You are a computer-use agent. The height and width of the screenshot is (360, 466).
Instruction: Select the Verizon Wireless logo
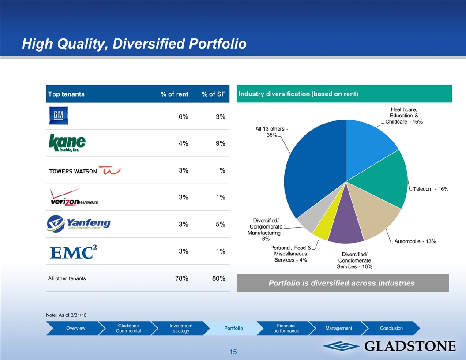pyautogui.click(x=74, y=197)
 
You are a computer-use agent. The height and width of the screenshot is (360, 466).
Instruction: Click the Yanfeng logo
pyautogui.click(x=79, y=223)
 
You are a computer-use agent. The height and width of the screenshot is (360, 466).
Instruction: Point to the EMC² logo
pyautogui.click(x=73, y=251)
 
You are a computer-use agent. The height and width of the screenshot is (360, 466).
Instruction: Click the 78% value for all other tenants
pyautogui.click(x=181, y=278)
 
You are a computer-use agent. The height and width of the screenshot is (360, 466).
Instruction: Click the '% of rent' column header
pyautogui.click(x=174, y=94)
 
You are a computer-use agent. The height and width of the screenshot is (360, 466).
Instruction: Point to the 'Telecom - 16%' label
pyautogui.click(x=431, y=189)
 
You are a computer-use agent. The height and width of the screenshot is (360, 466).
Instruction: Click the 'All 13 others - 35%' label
pyautogui.click(x=272, y=131)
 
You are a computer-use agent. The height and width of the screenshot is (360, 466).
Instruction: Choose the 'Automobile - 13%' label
pyautogui.click(x=415, y=241)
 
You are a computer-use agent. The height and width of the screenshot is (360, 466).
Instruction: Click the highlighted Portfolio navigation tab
pyautogui.click(x=233, y=328)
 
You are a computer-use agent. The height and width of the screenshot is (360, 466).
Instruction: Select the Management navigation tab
pyautogui.click(x=338, y=328)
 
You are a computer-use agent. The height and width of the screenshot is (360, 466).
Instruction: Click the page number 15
pyautogui.click(x=233, y=352)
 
